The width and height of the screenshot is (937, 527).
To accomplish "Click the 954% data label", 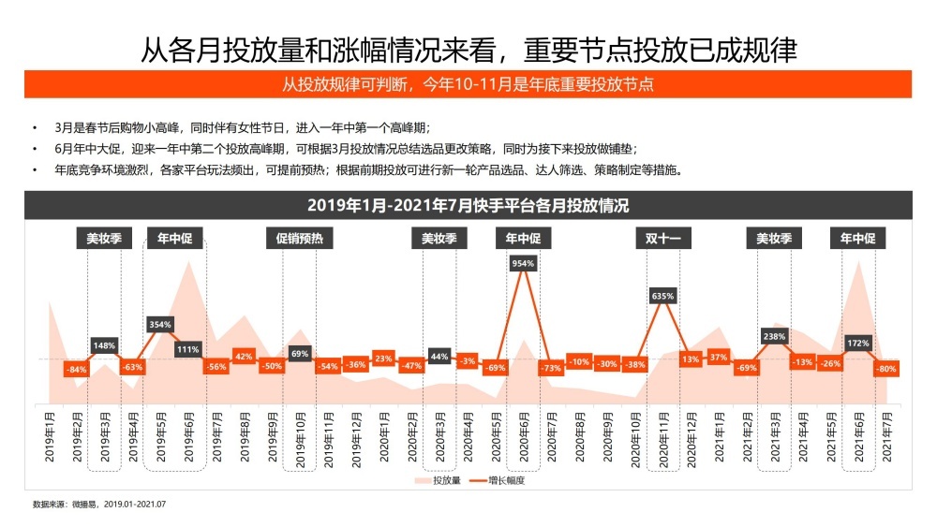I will click(x=523, y=264).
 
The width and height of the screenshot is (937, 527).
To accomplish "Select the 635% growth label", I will click(x=662, y=296).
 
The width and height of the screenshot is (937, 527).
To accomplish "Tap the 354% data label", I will click(x=160, y=325).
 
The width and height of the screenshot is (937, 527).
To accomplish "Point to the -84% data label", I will click(x=77, y=369).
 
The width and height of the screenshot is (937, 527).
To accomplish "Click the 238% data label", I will click(x=774, y=336).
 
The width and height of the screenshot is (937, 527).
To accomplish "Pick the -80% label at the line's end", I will click(x=885, y=369).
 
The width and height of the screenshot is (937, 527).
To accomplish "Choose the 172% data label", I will click(x=858, y=344).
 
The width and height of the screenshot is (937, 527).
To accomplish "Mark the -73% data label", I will click(x=551, y=368).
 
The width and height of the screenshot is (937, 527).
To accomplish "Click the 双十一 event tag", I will click(x=662, y=239).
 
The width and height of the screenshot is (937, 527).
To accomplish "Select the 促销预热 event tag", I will click(x=300, y=239).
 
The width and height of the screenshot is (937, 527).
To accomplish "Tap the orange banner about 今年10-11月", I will click(x=468, y=84).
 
